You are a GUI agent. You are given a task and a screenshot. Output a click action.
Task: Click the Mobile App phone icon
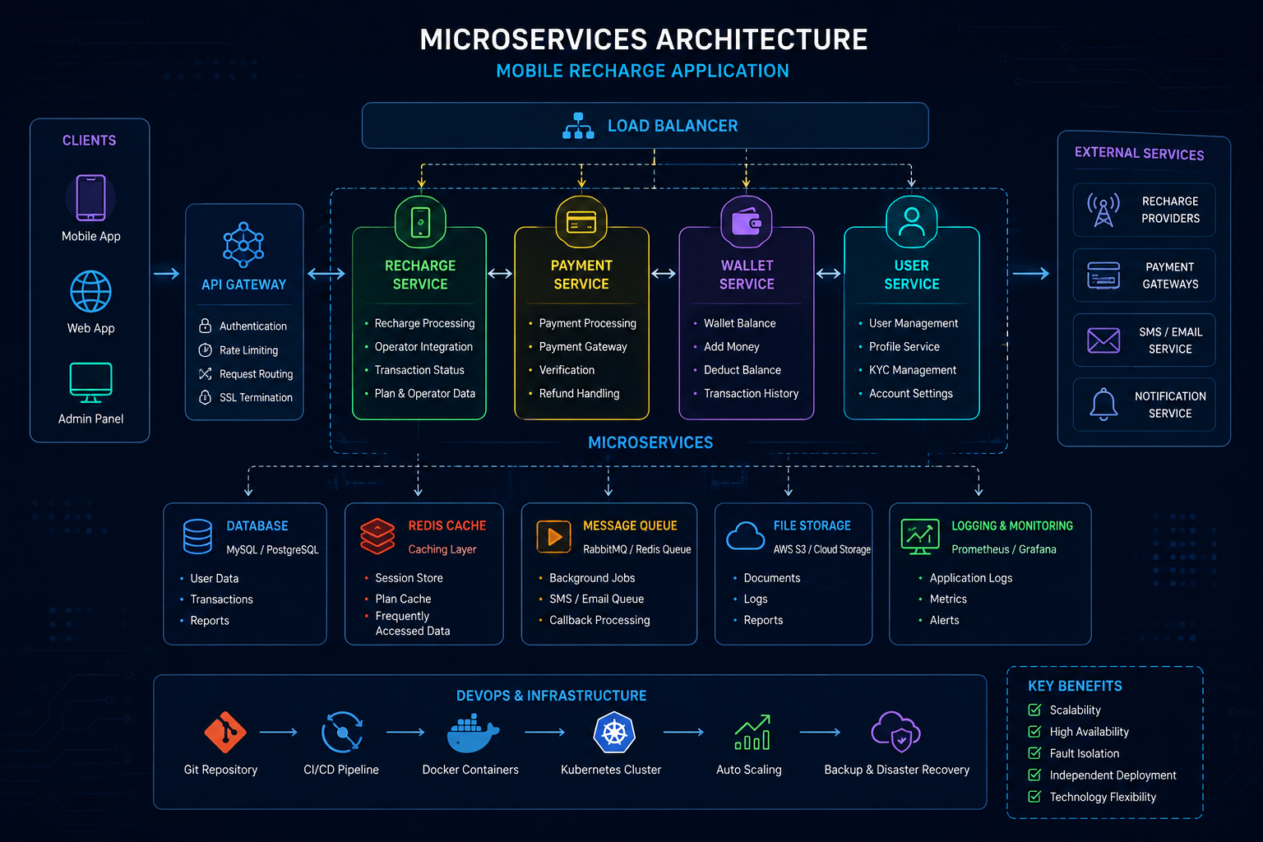90,197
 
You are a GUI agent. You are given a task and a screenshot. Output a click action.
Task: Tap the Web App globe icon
90,292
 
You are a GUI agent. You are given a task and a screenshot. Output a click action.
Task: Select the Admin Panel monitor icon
90,383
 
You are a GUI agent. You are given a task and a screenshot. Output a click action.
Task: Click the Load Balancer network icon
578,126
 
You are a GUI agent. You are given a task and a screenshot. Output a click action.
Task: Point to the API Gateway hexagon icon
243,245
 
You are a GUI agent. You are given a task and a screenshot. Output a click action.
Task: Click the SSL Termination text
256,398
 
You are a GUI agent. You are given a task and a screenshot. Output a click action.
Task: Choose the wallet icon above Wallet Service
747,222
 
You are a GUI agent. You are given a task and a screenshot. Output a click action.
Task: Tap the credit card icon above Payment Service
581,222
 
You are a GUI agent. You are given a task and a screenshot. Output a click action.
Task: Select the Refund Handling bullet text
579,394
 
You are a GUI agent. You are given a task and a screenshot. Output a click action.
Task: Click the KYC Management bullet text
912,370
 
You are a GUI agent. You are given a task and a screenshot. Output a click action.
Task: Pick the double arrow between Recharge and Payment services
500,274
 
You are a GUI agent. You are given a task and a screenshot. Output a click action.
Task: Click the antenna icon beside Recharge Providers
1103,210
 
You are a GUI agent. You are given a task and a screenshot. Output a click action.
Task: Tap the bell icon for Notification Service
1103,405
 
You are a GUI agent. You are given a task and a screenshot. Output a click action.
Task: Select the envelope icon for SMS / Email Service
1103,340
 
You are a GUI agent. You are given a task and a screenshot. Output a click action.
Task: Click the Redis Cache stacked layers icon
377,536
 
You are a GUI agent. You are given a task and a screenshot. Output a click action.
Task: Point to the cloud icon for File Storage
746,536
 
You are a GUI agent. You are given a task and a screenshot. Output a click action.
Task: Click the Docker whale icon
473,733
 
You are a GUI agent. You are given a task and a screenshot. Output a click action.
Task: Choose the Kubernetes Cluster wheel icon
614,733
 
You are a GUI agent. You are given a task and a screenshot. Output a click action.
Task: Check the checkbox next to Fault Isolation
1034,753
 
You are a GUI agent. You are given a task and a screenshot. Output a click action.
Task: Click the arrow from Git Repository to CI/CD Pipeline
279,732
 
